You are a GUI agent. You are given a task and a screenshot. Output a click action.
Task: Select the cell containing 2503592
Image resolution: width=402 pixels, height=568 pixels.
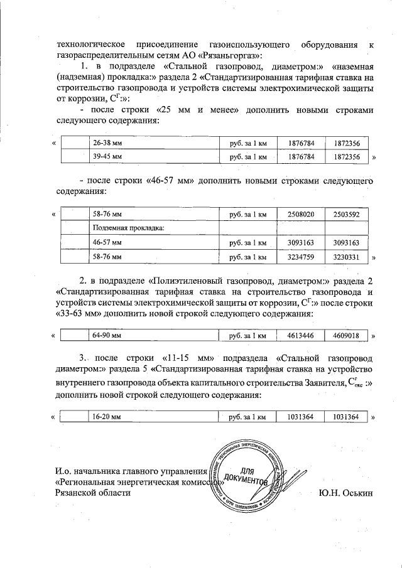click(x=346, y=215)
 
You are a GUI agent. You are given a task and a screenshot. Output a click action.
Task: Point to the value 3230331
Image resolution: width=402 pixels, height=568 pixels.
click(x=346, y=256)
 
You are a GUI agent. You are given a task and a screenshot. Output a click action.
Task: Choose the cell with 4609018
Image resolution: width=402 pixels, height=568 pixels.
click(x=346, y=336)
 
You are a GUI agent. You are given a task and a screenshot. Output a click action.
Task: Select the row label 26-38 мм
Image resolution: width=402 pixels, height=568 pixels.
click(x=107, y=142)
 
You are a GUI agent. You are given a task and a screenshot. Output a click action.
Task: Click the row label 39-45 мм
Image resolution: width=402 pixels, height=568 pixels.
click(x=107, y=156)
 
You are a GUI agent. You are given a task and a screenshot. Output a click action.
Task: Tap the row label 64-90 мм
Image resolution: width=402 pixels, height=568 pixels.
click(x=106, y=336)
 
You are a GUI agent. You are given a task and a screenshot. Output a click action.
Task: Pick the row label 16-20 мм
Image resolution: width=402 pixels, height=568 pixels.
click(x=106, y=416)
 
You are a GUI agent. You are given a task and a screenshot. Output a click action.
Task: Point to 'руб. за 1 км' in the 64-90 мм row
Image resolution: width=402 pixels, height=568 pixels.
click(x=248, y=336)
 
